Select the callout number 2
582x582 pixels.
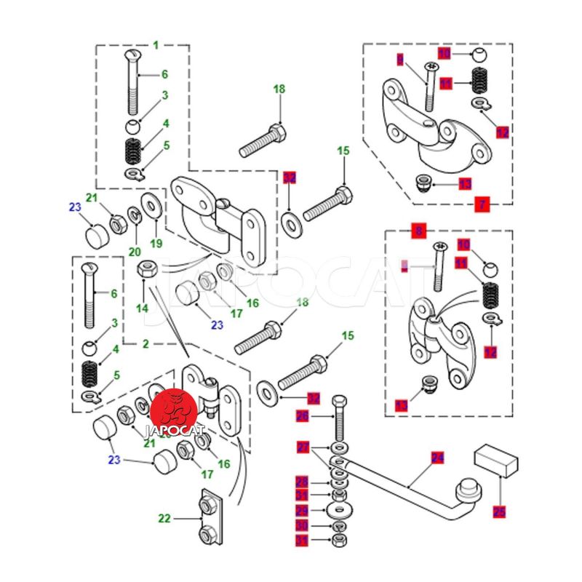click(145, 343)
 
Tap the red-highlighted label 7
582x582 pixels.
click(482, 204)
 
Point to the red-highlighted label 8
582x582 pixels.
click(418, 232)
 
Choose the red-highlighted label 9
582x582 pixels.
click(400, 59)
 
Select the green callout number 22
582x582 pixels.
click(164, 519)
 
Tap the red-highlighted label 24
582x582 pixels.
click(437, 458)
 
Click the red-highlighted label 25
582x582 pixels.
click(499, 511)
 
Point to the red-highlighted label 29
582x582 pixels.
click(302, 511)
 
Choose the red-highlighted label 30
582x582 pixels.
click(302, 525)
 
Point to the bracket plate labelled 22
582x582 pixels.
click(209, 519)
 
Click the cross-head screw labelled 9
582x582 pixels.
click(429, 87)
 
